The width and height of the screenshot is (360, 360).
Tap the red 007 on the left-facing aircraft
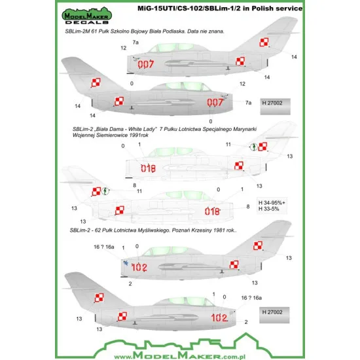[x=147, y=64]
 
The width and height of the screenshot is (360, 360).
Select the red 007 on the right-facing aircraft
[x=215, y=103]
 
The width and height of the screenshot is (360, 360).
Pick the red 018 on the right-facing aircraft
[x=213, y=211]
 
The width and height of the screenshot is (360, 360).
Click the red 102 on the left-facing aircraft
[x=139, y=267]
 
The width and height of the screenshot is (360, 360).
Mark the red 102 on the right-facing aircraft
[x=219, y=317]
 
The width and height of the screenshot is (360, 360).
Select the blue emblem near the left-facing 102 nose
[x=124, y=262]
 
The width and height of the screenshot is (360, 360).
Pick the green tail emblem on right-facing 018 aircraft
[x=107, y=192]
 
